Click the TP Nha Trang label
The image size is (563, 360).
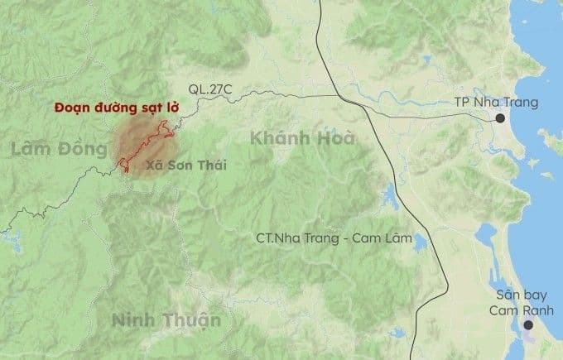496,103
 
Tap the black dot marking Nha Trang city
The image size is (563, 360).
501,119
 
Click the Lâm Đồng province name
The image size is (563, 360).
60,149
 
